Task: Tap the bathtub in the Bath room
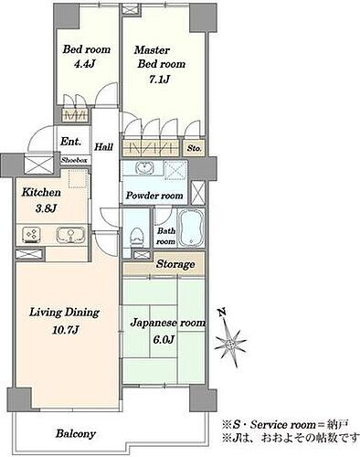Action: point(191,228)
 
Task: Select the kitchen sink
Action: point(70,235)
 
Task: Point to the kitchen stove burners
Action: point(32,235)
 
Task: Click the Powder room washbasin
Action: point(145,168)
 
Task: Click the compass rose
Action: point(229,343)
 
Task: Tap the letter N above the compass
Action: point(222,312)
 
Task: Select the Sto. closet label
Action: point(195,148)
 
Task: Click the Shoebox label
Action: point(75,160)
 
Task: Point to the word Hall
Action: point(104,147)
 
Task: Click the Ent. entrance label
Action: point(71,142)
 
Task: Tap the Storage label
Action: point(175,264)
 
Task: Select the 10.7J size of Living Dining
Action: point(66,330)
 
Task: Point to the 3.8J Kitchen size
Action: point(46,208)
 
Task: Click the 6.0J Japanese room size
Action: point(164,339)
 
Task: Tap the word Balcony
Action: point(76,433)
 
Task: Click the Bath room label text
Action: point(166,236)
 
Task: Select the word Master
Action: point(152,49)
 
